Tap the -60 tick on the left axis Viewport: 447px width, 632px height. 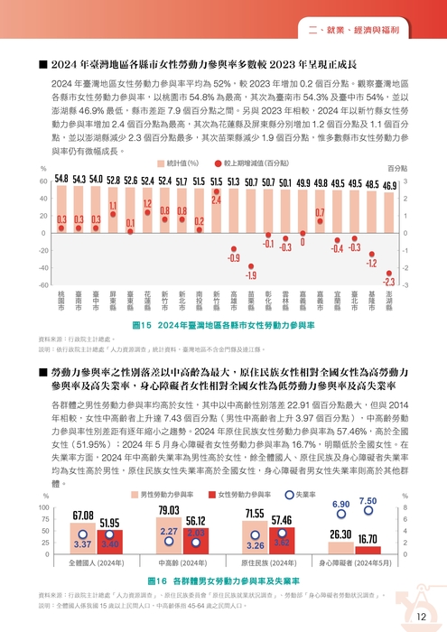click(42, 285)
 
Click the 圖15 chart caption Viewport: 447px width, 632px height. click(223, 324)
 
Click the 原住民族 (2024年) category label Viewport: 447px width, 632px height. click(268, 562)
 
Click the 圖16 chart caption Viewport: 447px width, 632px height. click(223, 579)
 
